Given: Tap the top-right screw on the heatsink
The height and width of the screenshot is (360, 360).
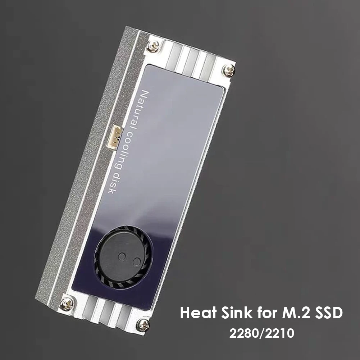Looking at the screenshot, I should click(229, 70).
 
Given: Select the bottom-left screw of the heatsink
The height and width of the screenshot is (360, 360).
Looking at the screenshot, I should click(67, 304).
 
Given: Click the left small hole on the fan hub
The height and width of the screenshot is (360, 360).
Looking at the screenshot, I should click(122, 256).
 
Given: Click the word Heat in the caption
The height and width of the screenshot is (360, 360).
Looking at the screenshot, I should click(196, 313).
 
